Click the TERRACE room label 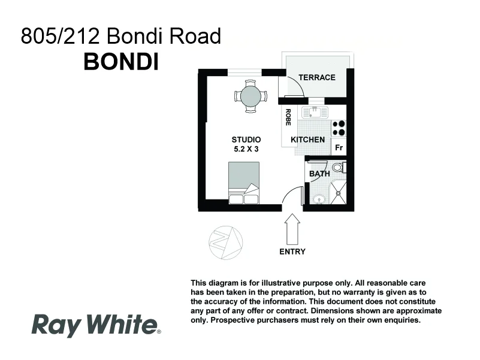pos(317,77)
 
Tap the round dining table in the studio pos(250,96)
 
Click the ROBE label pos(288,117)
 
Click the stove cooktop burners pos(339,128)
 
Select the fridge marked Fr pos(339,147)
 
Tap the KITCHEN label pos(307,140)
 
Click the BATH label pos(319,174)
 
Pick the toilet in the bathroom pos(338,167)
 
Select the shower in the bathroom pos(339,192)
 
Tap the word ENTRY pos(292,252)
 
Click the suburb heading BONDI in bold pos(121,62)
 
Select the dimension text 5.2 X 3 pos(246,149)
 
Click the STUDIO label pos(246,140)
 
